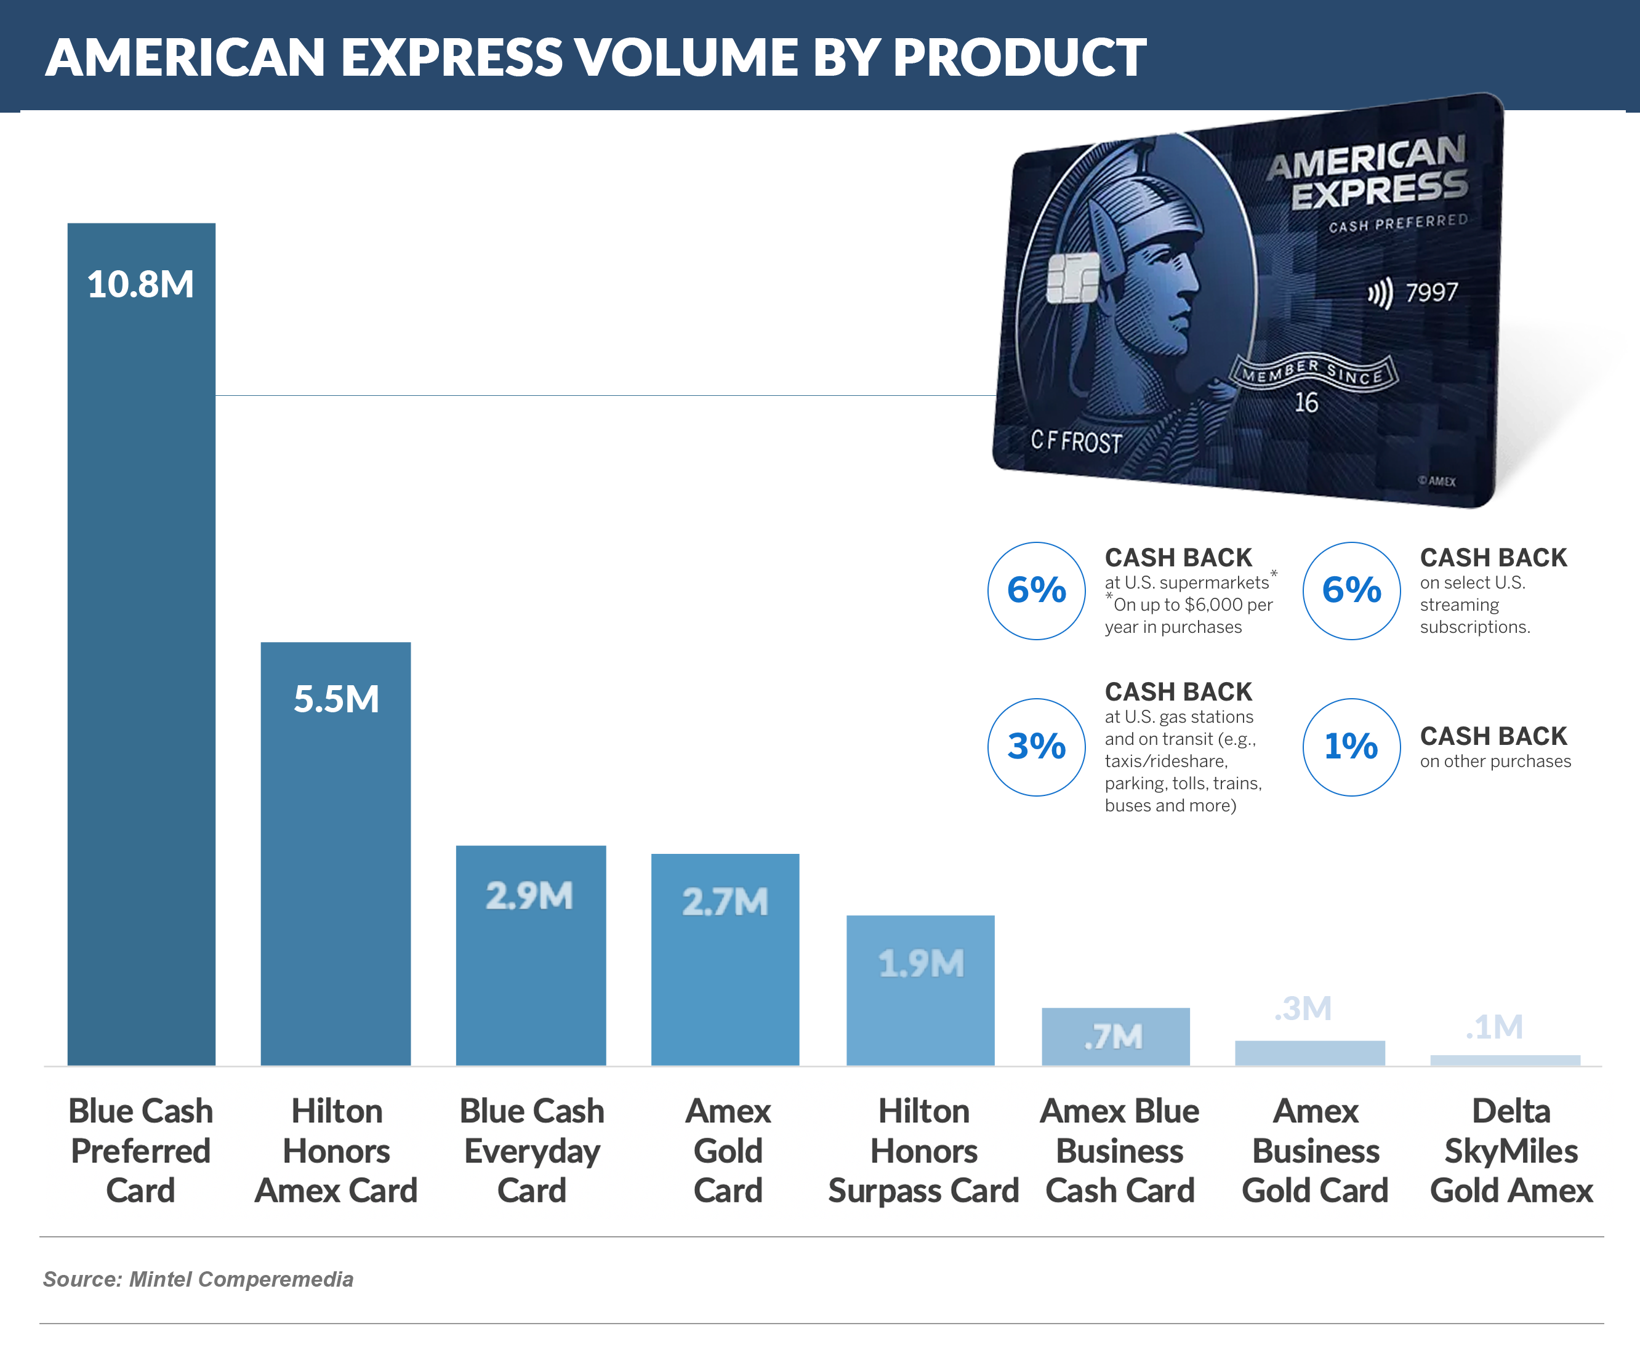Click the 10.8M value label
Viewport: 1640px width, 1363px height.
pos(140,284)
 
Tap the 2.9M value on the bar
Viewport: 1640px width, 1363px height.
pos(529,896)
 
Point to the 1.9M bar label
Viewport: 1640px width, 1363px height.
pos(921,963)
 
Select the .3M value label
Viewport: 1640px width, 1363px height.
pos(1303,1008)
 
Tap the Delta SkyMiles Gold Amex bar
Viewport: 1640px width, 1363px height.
pos(1505,1060)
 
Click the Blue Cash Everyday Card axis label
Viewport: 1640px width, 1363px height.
pos(532,1151)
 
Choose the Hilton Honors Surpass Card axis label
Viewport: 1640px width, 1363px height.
pos(924,1151)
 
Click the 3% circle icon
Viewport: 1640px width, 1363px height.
pos(1036,747)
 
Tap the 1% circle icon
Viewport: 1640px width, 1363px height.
pos(1351,747)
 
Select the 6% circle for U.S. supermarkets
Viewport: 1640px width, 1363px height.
pos(1036,590)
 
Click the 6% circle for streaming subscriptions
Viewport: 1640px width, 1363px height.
pos(1351,590)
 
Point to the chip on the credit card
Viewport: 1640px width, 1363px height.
pos(1072,278)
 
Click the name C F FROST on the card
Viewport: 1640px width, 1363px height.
pos(1075,441)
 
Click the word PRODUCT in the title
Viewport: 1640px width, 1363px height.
pos(1019,57)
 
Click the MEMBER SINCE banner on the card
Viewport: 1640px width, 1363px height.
pos(1312,372)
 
